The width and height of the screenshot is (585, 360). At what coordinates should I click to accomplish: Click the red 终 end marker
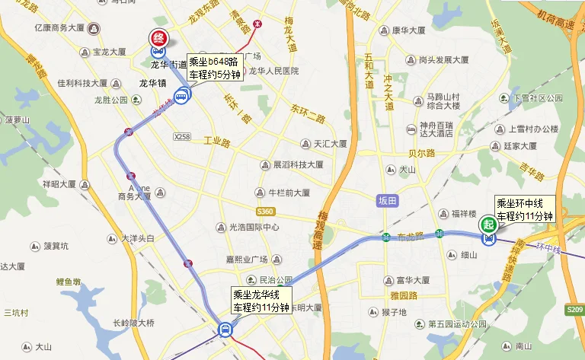click(x=158, y=37)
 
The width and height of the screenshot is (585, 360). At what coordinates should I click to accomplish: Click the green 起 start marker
click(x=487, y=225)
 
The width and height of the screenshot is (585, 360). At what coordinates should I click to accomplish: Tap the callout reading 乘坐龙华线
click(x=261, y=301)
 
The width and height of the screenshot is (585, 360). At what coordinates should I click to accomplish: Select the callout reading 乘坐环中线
click(x=524, y=209)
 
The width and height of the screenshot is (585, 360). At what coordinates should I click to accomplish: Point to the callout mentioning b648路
click(x=215, y=68)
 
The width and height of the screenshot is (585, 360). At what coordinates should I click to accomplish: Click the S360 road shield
click(x=265, y=211)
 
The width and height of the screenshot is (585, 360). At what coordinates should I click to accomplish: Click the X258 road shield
click(x=181, y=137)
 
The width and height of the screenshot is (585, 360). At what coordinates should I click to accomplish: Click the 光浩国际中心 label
click(x=254, y=228)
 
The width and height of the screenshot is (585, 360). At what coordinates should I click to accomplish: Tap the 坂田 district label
click(x=388, y=200)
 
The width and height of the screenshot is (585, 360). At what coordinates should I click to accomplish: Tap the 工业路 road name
click(x=216, y=142)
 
